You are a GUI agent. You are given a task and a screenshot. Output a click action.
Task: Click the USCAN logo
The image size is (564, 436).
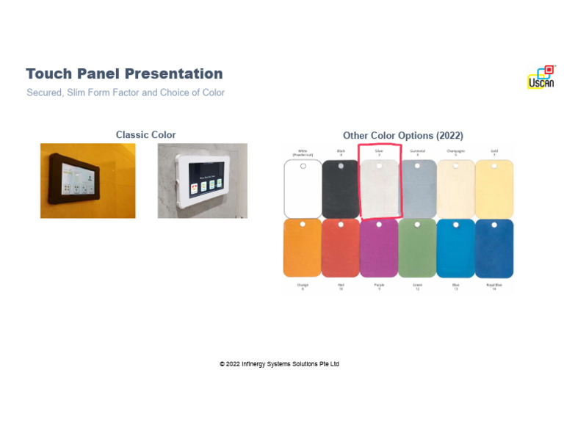(x=540, y=78)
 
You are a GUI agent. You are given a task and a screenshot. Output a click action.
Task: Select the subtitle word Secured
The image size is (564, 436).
(x=44, y=93)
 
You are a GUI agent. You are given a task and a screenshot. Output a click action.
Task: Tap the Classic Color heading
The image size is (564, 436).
(x=145, y=135)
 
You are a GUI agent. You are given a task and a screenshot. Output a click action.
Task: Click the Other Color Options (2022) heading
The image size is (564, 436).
(x=402, y=136)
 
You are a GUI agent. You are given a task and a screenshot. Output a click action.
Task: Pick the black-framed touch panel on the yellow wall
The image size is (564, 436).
(x=87, y=181)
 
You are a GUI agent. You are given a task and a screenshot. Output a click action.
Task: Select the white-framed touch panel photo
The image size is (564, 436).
(x=202, y=181)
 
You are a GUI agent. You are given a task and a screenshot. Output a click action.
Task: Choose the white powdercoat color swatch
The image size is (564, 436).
(x=303, y=189)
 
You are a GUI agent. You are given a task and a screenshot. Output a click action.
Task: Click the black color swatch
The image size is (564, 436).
(x=341, y=189)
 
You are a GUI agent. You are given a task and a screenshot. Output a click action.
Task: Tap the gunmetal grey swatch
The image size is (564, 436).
(x=417, y=189)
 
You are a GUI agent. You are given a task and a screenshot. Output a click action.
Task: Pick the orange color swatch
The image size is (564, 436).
(x=303, y=248)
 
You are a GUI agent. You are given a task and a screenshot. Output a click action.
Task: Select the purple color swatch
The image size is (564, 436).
(x=379, y=248)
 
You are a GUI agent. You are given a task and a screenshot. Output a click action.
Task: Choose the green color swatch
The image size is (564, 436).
(x=417, y=248)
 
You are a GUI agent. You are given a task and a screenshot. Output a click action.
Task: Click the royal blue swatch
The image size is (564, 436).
(x=494, y=248)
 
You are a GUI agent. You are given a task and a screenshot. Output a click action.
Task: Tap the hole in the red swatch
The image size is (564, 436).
(x=341, y=224)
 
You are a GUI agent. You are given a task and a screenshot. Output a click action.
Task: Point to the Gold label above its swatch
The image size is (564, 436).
(x=494, y=150)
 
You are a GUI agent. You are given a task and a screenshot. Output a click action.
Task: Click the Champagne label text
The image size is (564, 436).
(x=455, y=150)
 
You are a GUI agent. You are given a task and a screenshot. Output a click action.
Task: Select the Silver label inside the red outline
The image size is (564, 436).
(x=379, y=150)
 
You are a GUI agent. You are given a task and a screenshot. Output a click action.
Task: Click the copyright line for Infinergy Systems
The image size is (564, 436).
(x=279, y=364)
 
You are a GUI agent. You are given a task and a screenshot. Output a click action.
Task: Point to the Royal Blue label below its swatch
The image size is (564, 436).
(x=494, y=285)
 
